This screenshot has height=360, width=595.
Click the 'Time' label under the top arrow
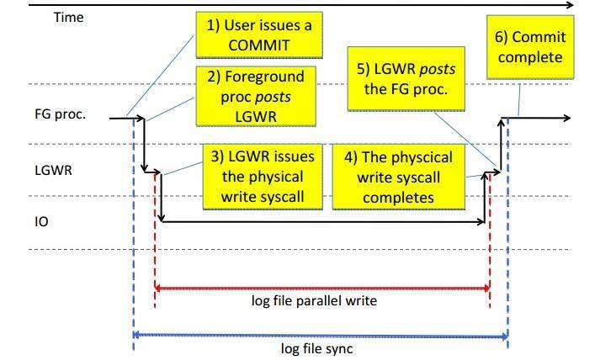click(68, 18)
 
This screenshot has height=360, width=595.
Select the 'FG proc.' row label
click(61, 114)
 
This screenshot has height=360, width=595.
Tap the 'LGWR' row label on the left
click(53, 170)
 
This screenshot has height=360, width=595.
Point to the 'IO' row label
click(41, 221)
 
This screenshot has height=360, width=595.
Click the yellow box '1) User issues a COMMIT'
click(259, 34)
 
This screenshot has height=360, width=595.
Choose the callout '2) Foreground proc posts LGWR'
click(256, 97)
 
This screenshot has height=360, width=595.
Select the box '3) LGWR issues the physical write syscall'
click(263, 177)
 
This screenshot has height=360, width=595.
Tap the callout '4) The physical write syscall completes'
click(398, 177)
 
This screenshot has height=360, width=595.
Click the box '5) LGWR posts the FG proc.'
click(406, 79)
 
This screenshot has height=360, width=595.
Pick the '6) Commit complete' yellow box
click(530, 47)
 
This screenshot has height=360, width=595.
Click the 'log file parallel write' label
click(314, 301)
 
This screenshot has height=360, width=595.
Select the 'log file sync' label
click(316, 348)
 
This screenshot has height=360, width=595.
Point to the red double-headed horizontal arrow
click(322, 289)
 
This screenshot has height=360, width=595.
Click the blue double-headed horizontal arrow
click(321, 336)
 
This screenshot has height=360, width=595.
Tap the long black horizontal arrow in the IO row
click(323, 222)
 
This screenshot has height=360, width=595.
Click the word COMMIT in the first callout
click(259, 45)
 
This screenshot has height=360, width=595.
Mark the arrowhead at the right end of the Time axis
click(570, 5)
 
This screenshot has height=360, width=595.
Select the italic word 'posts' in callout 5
click(437, 70)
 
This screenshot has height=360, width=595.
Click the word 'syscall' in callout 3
click(281, 197)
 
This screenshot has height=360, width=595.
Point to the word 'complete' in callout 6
click(530, 58)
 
